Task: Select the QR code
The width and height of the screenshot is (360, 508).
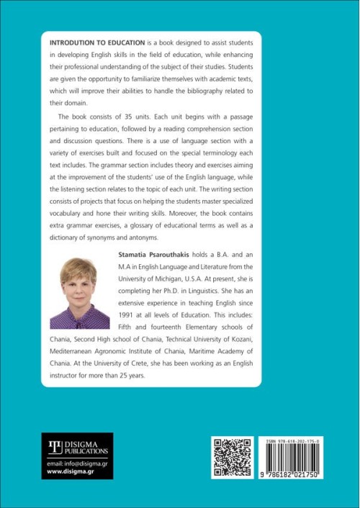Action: click(232, 457)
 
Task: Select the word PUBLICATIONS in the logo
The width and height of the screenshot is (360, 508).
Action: click(86, 451)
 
